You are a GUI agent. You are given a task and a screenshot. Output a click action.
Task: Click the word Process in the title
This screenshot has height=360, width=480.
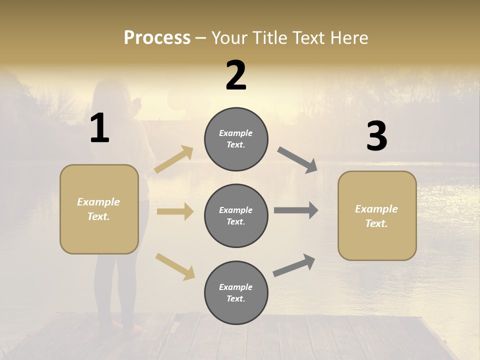[x=157, y=37]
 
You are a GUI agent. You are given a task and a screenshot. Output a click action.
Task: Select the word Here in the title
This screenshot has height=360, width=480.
[x=348, y=38]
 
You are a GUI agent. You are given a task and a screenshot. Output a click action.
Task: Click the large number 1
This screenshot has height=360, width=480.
[x=99, y=128]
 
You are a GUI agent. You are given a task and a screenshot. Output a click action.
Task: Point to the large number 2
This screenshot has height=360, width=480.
[x=236, y=75]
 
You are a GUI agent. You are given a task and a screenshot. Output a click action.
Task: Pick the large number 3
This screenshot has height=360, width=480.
[x=376, y=136]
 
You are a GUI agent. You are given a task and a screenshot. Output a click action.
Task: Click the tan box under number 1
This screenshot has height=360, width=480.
[x=99, y=209]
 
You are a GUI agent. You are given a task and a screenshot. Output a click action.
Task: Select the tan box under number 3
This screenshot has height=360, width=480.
[x=377, y=215]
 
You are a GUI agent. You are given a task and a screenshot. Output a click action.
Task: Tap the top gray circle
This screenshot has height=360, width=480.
[x=236, y=139]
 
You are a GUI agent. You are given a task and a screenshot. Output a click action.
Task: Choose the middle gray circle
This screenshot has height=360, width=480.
[x=236, y=215]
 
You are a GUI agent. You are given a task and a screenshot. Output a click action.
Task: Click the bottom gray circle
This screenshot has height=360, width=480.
[x=236, y=292]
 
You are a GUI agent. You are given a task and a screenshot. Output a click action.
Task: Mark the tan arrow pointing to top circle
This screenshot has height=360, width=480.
[x=174, y=159]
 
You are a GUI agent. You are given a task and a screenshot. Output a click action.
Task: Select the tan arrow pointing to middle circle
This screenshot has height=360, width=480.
[x=175, y=211]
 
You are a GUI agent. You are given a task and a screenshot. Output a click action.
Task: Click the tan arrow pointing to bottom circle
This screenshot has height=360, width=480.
[x=175, y=266]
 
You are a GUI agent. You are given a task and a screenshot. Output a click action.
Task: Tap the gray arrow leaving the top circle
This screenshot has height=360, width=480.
[x=297, y=160]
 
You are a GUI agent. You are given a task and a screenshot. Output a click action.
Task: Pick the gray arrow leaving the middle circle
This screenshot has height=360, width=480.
[x=296, y=210]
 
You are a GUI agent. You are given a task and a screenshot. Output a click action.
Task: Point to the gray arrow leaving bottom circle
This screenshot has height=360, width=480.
[x=294, y=265]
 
